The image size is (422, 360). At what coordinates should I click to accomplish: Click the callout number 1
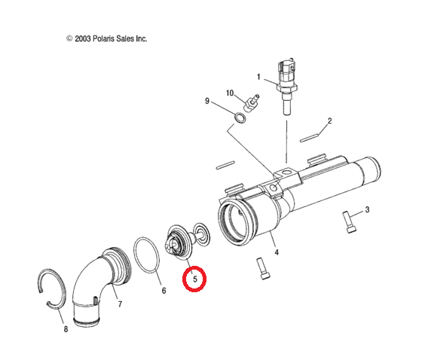click(x=258, y=77)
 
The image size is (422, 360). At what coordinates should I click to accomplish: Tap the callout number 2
click(x=329, y=121)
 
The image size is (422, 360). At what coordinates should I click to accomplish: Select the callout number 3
click(x=367, y=209)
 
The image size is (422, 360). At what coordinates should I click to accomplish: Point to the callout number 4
click(x=277, y=252)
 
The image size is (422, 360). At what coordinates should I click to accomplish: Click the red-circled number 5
click(x=195, y=279)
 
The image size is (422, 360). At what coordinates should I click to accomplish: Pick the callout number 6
click(x=164, y=291)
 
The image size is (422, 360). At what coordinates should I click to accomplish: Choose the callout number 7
click(x=120, y=304)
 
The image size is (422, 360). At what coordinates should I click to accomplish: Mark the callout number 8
click(x=66, y=329)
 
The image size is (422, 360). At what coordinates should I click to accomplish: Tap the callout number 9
click(x=207, y=101)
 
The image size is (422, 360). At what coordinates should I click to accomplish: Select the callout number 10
click(x=230, y=93)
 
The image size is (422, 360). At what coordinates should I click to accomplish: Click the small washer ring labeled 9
click(x=240, y=118)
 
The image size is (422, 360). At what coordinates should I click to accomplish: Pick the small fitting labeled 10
click(x=252, y=102)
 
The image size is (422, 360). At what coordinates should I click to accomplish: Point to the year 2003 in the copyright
click(x=83, y=38)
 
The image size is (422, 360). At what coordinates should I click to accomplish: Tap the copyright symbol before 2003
click(x=69, y=38)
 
